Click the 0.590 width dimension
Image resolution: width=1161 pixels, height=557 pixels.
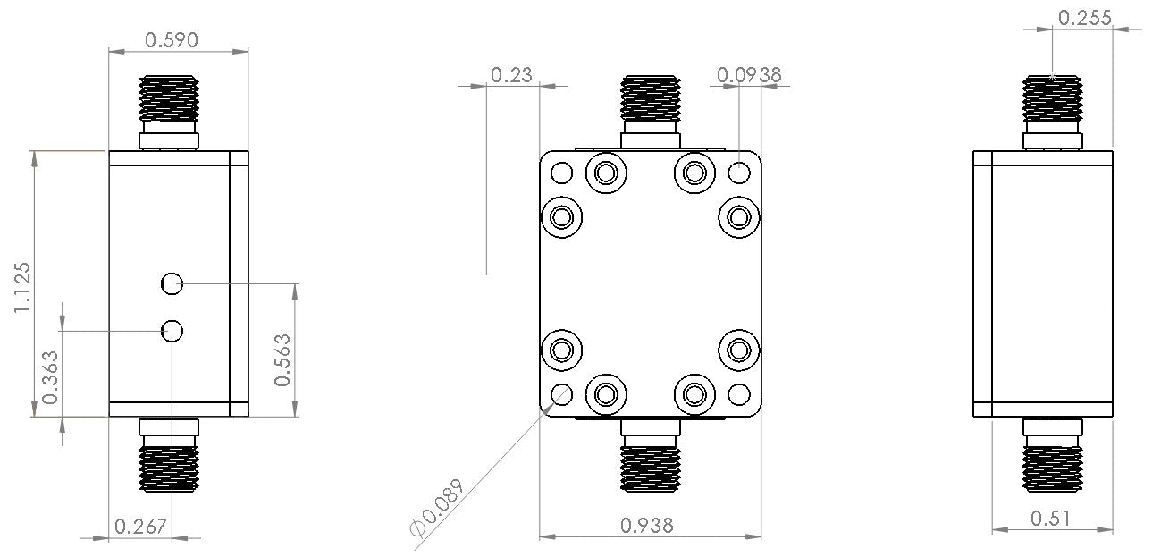click(171, 39)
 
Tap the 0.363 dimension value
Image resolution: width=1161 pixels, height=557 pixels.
click(52, 377)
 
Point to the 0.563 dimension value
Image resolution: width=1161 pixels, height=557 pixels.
click(282, 359)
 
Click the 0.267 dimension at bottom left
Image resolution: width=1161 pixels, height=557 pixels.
click(141, 527)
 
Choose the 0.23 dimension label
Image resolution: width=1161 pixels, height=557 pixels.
click(511, 75)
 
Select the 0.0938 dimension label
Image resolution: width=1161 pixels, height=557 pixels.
click(749, 75)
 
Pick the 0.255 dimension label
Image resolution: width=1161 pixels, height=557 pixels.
click(1084, 17)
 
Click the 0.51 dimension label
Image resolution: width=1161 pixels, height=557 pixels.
click(1048, 518)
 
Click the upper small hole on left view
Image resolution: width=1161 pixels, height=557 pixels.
click(172, 284)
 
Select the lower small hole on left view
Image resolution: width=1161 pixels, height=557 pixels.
click(172, 331)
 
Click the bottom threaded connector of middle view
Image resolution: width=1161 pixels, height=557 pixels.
click(651, 467)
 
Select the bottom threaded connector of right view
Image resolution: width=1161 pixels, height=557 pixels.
click(1052, 467)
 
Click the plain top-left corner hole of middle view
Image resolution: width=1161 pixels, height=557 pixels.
click(562, 172)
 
